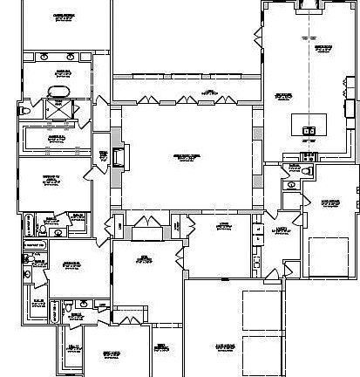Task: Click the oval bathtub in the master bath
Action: pos(58,92)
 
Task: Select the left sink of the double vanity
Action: pos(43,56)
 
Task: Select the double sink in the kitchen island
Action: pos(309,131)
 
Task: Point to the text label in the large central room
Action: pos(187,156)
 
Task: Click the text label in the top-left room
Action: pos(64,17)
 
